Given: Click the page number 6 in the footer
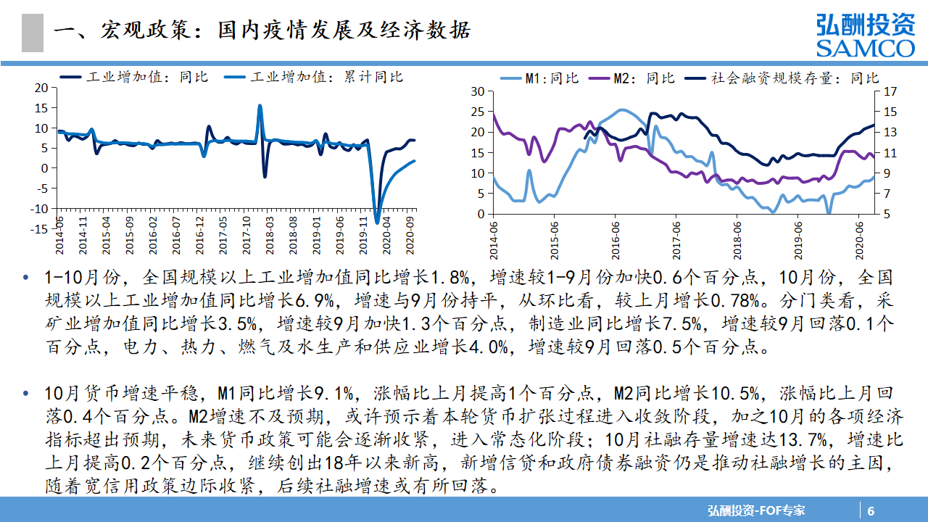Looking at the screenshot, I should [x=871, y=510].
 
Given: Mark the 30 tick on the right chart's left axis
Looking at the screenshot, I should [x=476, y=91].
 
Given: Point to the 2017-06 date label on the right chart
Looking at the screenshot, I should [x=677, y=233].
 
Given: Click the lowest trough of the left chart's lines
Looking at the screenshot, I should [x=376, y=222].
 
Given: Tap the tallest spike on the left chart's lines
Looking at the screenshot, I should [x=260, y=106].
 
